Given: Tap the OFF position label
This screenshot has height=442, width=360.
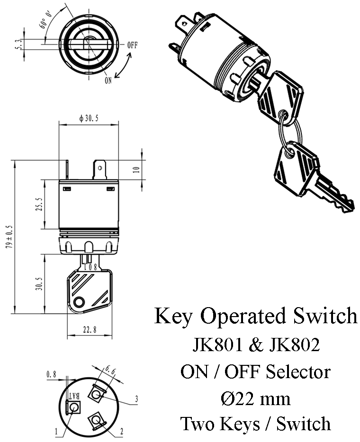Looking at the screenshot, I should [x=132, y=45].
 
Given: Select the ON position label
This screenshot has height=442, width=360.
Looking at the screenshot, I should [x=108, y=80].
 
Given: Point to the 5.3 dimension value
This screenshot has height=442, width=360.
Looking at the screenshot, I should [x=18, y=44].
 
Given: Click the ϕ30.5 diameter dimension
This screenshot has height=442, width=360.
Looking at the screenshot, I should [x=88, y=119].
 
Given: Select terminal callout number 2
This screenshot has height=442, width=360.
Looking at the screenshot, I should [x=122, y=431].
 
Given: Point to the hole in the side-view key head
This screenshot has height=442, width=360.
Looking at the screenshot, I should [x=80, y=301].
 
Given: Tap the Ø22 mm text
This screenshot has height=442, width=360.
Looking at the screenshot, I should [x=255, y=399].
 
